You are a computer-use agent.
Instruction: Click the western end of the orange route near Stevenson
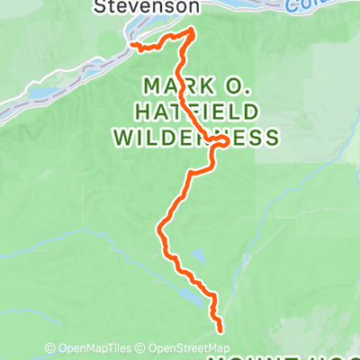tap(131, 44)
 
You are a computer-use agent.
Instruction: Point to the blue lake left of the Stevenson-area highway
tap(40, 93)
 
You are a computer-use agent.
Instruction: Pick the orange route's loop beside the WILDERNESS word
tap(218, 139)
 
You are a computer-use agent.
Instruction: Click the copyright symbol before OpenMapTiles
tap(50, 349)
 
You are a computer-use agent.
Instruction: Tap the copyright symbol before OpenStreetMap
tap(143, 349)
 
